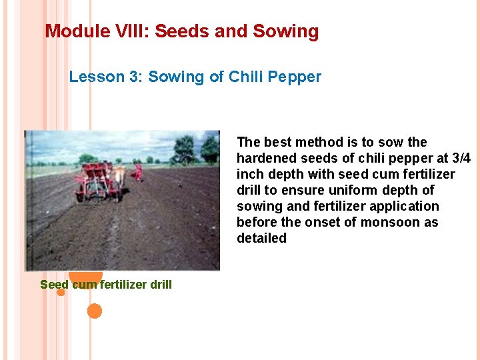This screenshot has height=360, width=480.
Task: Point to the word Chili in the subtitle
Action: coord(246,77)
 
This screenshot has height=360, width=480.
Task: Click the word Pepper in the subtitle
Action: coord(294,77)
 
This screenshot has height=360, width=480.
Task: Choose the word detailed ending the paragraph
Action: coord(261,238)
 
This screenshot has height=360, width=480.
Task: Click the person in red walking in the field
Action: coord(138,171)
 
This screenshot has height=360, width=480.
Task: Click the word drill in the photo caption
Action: coord(161,285)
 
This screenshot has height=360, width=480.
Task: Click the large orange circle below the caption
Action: coord(95,311)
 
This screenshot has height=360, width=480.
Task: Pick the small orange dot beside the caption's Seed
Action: coord(61,292)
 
